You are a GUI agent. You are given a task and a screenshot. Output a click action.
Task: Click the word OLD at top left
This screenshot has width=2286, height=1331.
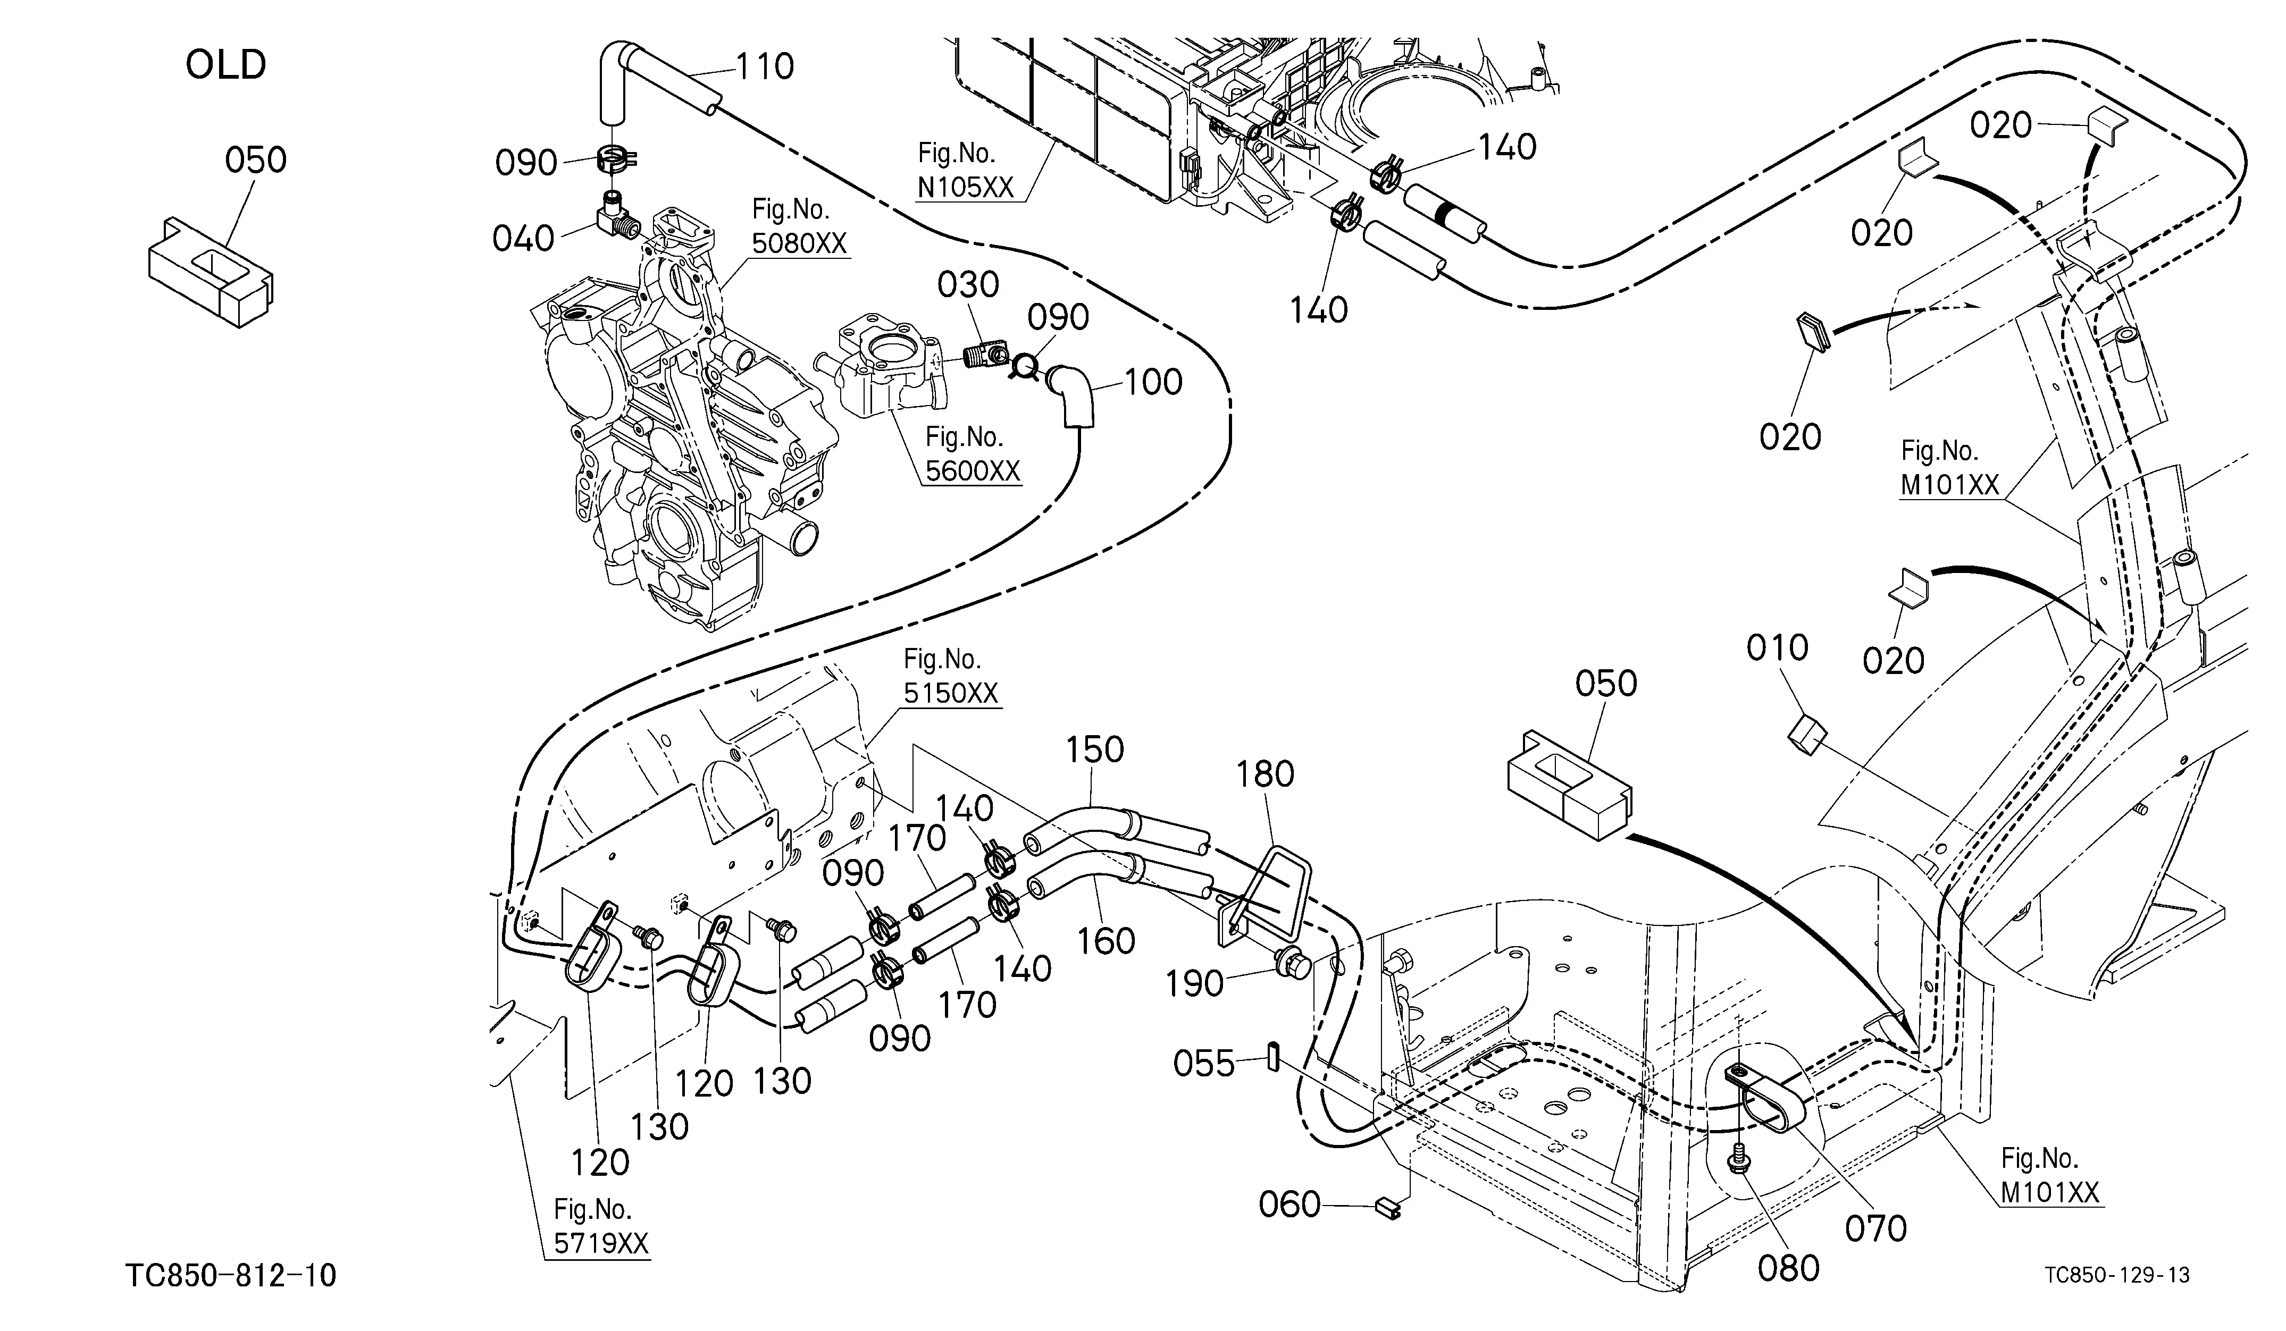[x=226, y=65]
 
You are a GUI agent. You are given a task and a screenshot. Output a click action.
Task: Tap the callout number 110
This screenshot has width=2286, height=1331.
[x=765, y=66]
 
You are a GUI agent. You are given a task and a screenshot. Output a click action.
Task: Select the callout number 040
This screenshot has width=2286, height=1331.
[x=523, y=239]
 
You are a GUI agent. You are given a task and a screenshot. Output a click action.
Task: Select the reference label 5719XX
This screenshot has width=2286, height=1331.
[x=601, y=1243]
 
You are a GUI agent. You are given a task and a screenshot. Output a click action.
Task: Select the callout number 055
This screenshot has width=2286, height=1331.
[x=1204, y=1064]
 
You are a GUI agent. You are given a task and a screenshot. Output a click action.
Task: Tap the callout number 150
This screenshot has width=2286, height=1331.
[x=1095, y=750]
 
